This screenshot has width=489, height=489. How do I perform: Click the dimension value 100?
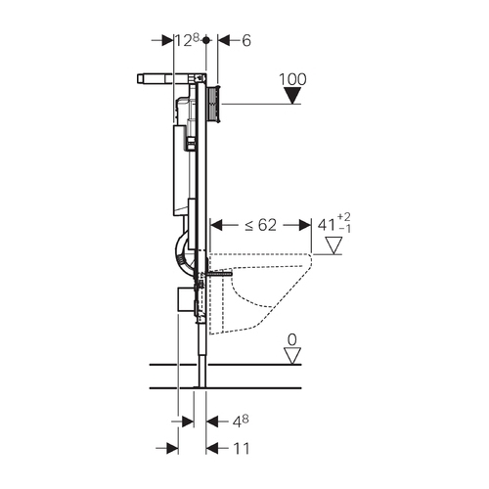(x=292, y=79)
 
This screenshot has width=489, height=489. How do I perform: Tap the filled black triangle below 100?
(x=292, y=96)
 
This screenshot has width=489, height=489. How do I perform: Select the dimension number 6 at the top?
(x=246, y=41)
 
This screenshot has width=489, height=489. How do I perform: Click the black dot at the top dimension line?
(x=205, y=40)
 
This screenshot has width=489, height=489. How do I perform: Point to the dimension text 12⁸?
(x=188, y=41)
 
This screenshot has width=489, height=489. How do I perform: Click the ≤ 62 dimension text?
(x=261, y=225)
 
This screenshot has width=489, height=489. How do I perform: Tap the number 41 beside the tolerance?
(x=327, y=225)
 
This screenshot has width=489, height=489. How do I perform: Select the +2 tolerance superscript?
(x=344, y=217)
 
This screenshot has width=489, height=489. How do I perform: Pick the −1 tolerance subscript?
(x=345, y=229)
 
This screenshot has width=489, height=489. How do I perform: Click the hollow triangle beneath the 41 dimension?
(x=334, y=245)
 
